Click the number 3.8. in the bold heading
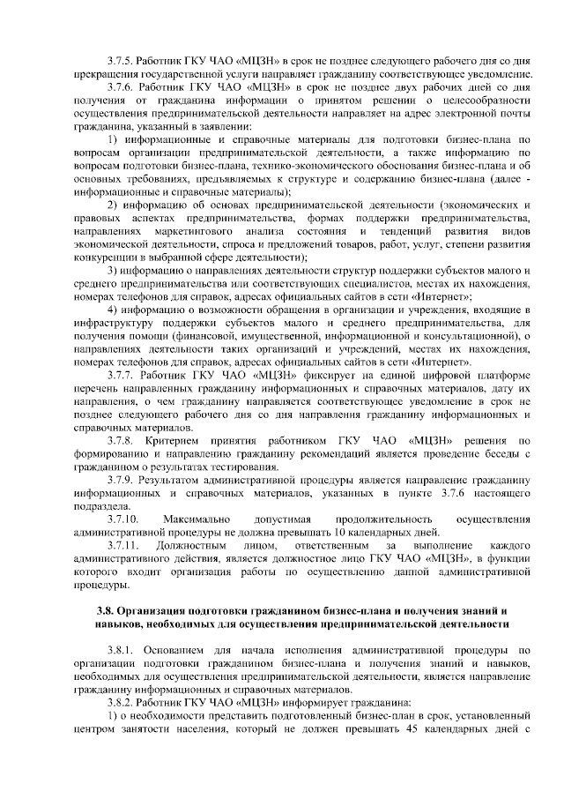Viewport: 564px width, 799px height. pyautogui.click(x=106, y=610)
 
